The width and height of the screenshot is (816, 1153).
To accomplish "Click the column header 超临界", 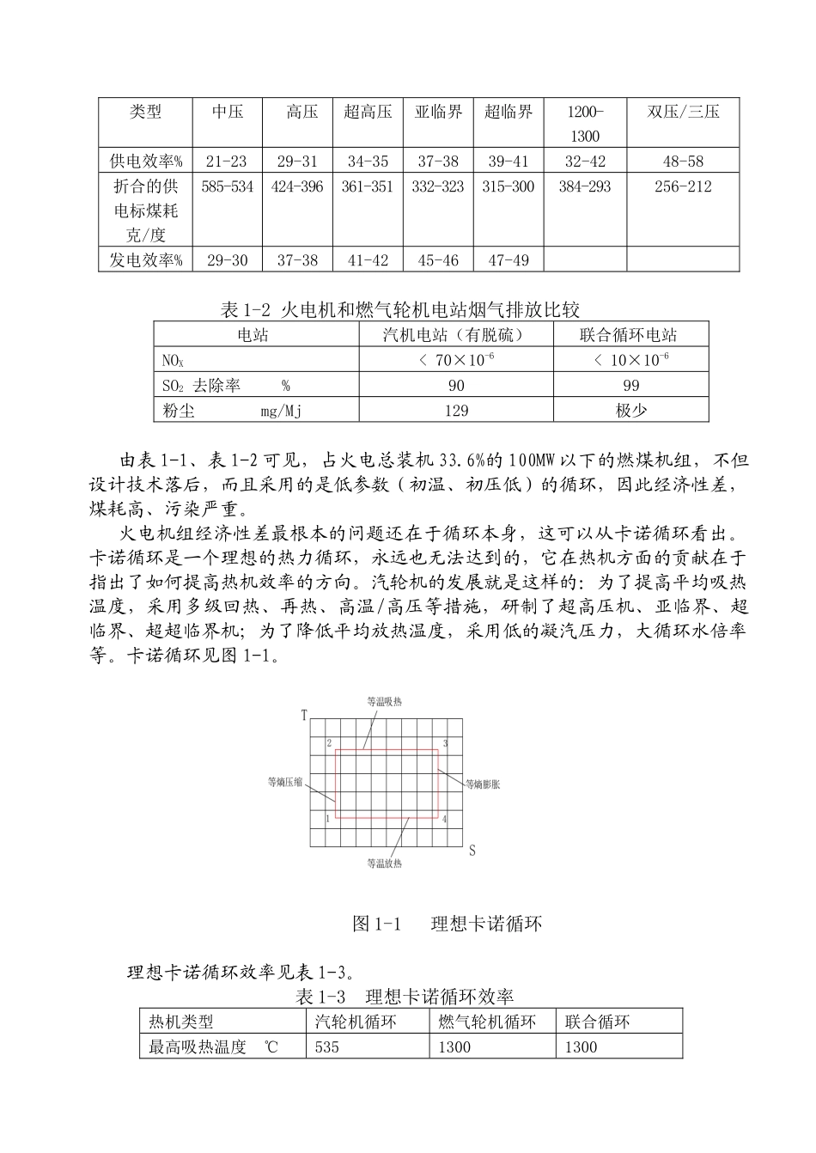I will (508, 112).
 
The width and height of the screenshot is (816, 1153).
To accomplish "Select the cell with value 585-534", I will (228, 186).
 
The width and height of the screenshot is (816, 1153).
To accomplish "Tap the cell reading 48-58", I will (683, 161).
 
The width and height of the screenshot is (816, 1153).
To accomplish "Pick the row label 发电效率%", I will (145, 260).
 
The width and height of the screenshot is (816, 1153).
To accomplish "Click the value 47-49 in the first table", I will (508, 260).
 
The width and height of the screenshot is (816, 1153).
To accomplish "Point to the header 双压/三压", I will (683, 112).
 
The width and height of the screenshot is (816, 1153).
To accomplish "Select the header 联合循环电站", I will (630, 335).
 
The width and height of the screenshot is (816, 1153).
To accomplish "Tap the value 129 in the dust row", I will (456, 411).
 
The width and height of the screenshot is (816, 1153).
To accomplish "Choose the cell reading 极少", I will (630, 411).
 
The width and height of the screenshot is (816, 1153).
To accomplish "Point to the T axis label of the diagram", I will (304, 715).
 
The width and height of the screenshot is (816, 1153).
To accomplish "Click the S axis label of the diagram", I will (472, 851).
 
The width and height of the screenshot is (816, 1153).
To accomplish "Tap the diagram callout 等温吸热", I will (384, 702).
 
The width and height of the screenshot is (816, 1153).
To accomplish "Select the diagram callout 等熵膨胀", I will (483, 784).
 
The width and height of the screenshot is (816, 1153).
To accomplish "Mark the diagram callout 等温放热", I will (384, 863).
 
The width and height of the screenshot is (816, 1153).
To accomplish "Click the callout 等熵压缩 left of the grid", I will (285, 782).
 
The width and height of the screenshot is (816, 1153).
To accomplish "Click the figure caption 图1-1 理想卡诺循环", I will (448, 924).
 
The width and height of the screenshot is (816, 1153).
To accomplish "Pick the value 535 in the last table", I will (327, 1047).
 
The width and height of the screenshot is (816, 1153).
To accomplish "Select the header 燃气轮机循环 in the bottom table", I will (487, 1022).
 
